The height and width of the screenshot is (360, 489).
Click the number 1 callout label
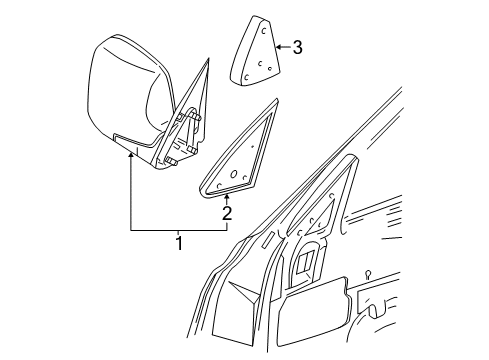pos(180,244)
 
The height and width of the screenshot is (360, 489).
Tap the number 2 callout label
pos(227,213)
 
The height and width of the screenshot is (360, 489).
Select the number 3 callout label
pos(297,47)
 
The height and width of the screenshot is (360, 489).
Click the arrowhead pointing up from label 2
pos(227,196)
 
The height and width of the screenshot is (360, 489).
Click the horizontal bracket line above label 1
pos(180,231)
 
